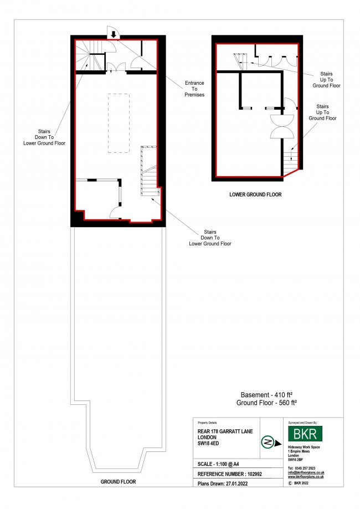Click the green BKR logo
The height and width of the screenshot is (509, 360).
point(306,434)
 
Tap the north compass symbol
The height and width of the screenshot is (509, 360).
point(268,442)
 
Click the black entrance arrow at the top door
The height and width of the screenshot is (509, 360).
point(113,34)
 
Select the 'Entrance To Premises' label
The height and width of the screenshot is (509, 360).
point(194,89)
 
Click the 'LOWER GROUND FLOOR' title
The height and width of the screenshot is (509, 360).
point(255,195)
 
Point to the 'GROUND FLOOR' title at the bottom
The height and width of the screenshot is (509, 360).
point(118,482)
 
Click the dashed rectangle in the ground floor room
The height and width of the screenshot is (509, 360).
point(118,123)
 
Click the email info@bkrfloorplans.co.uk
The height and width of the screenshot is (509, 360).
point(306,472)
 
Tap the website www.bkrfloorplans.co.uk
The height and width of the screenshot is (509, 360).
point(306,476)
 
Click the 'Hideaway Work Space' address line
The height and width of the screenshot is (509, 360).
point(304,446)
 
